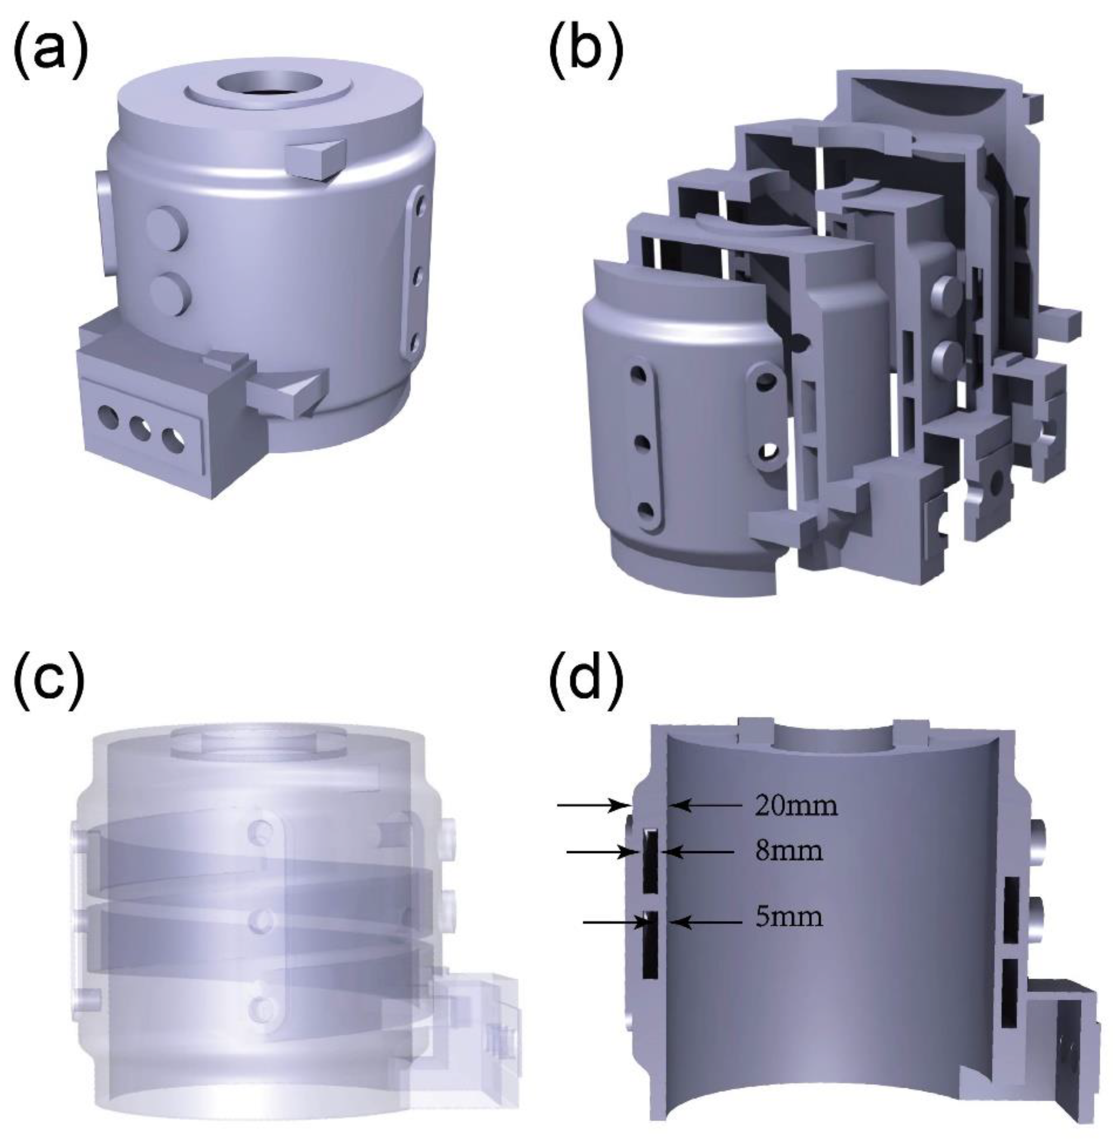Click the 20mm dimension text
click(x=795, y=807)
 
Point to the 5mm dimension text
click(x=789, y=917)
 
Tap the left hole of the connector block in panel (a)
click(x=108, y=417)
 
